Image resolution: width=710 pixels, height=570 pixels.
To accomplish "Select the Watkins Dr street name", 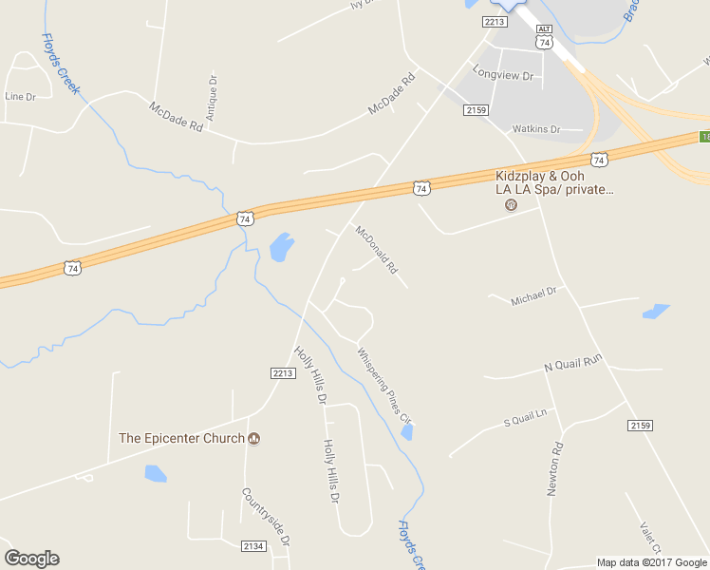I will tap(535, 128).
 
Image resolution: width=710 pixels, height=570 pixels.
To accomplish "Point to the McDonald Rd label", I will tap(376, 249).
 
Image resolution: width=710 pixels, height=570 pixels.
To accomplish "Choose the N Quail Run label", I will tap(573, 362).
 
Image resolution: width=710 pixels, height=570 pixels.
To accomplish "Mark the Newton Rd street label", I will tap(554, 469).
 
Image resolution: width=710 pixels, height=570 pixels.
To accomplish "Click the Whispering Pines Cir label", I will tap(384, 385).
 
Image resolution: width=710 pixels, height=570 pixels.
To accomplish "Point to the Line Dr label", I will tap(20, 96).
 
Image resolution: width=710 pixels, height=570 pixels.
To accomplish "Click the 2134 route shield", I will tap(253, 545).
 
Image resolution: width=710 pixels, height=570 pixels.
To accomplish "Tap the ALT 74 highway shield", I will tap(544, 38).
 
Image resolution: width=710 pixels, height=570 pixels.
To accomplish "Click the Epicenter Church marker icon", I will tap(254, 438).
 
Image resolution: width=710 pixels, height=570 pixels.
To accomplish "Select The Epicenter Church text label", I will tap(182, 438).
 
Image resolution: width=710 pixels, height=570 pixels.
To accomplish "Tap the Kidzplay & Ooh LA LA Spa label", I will tap(554, 182).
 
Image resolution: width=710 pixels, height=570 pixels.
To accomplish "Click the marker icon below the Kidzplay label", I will tap(511, 204).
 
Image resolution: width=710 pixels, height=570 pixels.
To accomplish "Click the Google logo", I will tap(31, 559).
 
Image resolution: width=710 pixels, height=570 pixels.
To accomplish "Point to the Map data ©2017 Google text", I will tap(650, 562).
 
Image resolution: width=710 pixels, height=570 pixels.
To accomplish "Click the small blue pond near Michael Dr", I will tap(656, 311).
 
